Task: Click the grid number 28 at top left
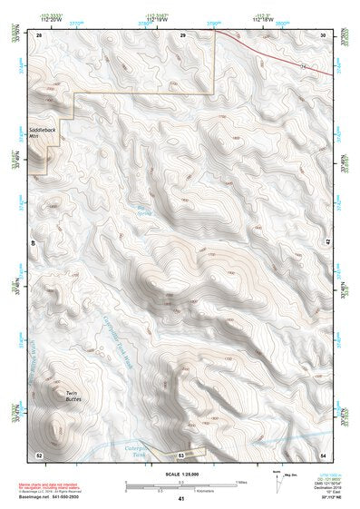click(39, 34)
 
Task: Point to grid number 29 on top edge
click(182, 34)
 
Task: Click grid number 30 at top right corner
click(323, 34)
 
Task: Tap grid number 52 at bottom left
click(39, 453)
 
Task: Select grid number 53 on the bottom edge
click(181, 453)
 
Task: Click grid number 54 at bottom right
click(323, 453)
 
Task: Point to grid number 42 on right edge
click(327, 242)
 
